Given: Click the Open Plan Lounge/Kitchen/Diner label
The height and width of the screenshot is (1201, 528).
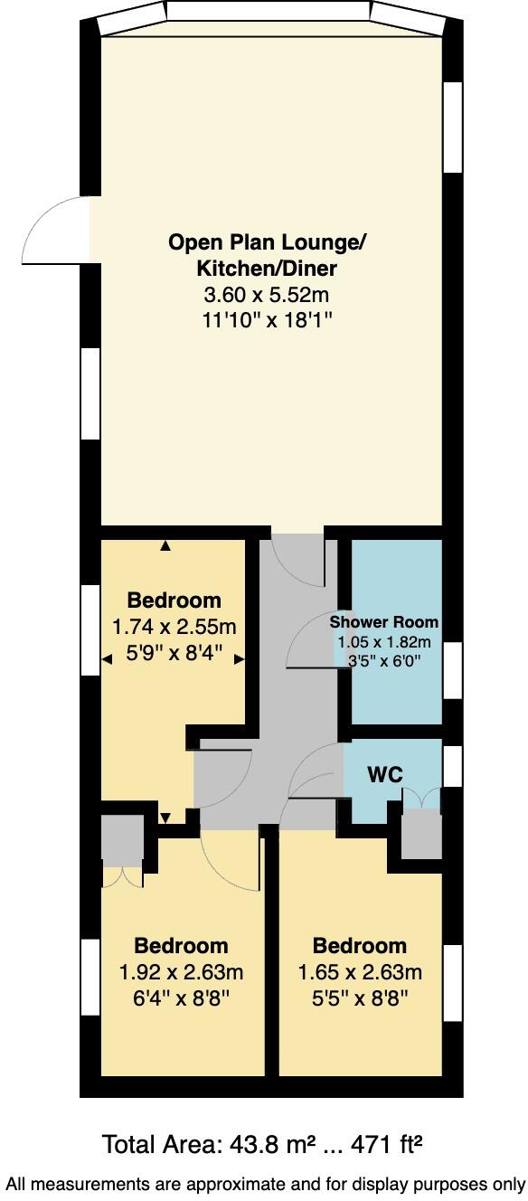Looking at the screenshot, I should tap(268, 256).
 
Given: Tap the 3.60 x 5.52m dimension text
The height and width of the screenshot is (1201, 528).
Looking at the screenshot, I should tap(268, 294).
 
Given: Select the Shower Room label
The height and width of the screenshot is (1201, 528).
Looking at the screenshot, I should tap(384, 622).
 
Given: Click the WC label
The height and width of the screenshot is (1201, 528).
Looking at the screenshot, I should tap(384, 774).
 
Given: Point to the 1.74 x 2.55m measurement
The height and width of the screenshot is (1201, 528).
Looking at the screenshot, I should tap(174, 626).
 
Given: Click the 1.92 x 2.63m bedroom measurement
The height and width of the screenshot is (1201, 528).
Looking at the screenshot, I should tap(181, 972).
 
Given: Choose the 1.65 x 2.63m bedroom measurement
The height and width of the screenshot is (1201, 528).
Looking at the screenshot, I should tap(360, 972).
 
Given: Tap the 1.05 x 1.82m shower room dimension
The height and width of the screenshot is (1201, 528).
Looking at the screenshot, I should tap(384, 642).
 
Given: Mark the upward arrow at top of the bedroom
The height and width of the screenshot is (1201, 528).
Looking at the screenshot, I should tap(165, 546).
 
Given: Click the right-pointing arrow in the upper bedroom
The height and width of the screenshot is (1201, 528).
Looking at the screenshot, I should tap(240, 660).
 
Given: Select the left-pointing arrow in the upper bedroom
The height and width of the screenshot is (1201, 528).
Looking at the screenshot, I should tap(107, 660).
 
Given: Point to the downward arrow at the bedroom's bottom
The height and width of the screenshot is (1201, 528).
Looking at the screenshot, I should tap(165, 818).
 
